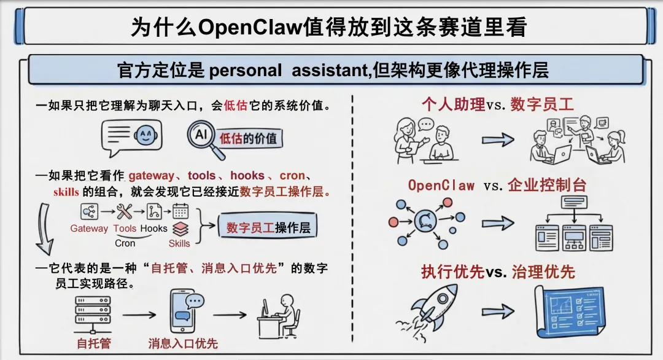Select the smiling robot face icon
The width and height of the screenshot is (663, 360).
[x=144, y=135]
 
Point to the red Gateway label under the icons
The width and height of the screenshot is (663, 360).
[x=89, y=229]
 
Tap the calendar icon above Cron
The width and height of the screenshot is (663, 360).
[x=180, y=212]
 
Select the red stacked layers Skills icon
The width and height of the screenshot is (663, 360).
[x=179, y=229]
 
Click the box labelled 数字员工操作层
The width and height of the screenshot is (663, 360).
[x=268, y=228]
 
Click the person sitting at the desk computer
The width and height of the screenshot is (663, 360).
[x=279, y=314]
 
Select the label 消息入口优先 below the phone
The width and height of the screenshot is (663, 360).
[x=183, y=343]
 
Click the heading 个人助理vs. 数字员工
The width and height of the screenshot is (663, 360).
[x=498, y=104]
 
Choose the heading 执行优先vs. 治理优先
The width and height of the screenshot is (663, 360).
[x=498, y=272]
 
